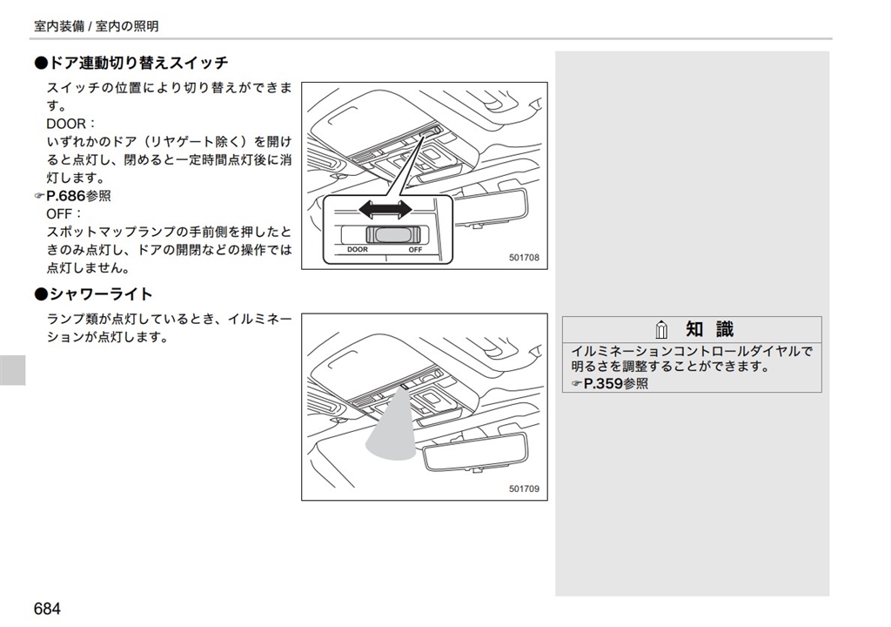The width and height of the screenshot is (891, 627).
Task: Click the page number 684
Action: point(47,609)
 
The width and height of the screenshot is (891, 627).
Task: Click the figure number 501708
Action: point(524,258)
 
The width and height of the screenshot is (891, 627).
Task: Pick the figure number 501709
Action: point(524,489)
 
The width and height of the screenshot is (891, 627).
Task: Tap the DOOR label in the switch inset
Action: point(358,249)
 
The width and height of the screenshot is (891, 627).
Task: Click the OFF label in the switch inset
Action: point(415,249)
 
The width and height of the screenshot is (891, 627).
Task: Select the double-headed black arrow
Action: point(385,209)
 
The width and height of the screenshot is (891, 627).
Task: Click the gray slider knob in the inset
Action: point(392,234)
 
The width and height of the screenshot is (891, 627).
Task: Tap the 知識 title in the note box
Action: point(710,329)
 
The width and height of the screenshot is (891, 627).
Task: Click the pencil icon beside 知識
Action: point(661,330)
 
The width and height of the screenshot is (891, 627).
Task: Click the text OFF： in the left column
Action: point(64,214)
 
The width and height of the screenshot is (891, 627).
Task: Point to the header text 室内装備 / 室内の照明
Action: point(96,26)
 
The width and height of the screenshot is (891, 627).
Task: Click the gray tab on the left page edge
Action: point(12,370)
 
